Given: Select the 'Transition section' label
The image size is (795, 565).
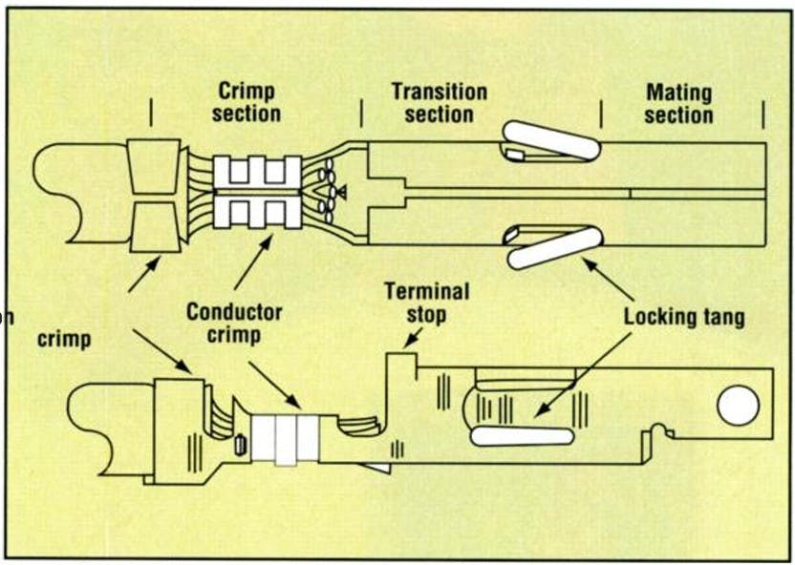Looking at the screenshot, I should click(439, 102).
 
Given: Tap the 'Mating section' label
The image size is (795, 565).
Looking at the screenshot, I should click(679, 103).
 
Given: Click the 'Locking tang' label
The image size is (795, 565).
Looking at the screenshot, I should click(684, 316).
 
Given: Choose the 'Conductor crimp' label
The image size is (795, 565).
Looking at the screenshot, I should click(234, 323).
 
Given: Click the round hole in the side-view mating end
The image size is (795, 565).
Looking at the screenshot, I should click(738, 407).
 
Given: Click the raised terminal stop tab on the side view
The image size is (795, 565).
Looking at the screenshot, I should click(401, 368).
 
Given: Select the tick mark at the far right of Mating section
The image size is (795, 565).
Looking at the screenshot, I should click(763, 114).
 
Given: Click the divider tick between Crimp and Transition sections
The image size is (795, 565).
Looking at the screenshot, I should click(361, 114).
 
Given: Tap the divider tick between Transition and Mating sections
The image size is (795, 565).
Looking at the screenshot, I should click(601, 114).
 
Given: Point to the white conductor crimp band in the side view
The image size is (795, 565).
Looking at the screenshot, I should click(286, 438).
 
